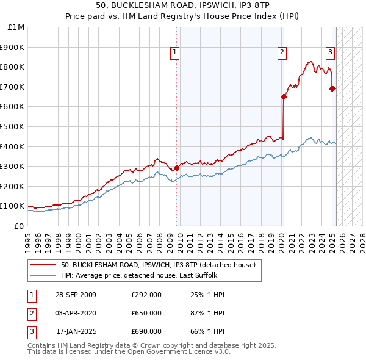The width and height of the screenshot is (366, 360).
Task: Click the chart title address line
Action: pos(182,5)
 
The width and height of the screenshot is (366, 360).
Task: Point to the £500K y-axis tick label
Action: pos(13,126)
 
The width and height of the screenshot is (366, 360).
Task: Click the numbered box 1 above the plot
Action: pos(174,53)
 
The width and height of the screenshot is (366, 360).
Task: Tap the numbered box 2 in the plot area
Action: pos(282,53)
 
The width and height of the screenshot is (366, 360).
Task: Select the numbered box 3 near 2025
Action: pos(330,52)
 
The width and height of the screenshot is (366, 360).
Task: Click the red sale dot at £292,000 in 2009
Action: pos(176,168)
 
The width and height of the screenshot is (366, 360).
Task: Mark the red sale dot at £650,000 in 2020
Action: pos(284,96)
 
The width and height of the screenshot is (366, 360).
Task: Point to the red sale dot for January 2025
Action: pos(332,88)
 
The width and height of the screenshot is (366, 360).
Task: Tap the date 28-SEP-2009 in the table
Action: pos(75,295)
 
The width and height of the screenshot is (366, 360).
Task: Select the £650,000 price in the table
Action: pos(146,313)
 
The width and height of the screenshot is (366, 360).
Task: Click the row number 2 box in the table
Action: pos(31,313)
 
